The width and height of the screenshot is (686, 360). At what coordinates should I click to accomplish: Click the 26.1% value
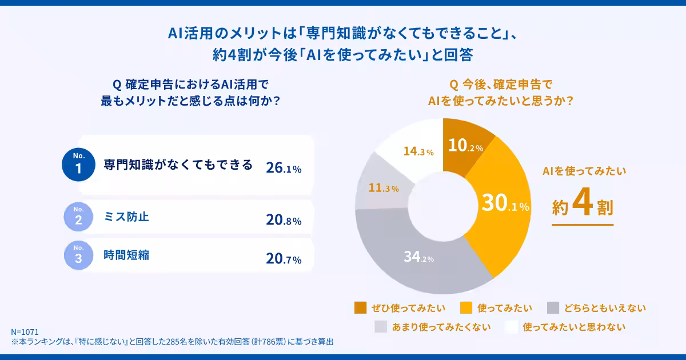point(284,168)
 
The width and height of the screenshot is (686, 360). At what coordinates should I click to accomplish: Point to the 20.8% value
point(284,220)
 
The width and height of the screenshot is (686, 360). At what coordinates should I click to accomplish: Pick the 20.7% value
point(284,259)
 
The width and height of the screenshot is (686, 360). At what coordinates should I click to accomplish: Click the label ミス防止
point(126,217)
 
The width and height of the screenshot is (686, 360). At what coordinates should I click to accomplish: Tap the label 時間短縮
point(126,255)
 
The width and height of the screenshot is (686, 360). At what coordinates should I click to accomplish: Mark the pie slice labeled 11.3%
point(382,188)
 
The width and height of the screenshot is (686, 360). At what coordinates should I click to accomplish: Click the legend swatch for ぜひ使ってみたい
point(361,308)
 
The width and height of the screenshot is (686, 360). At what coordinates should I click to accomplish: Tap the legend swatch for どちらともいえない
point(553,308)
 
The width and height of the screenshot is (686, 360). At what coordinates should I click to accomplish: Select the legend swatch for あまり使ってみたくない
point(381,327)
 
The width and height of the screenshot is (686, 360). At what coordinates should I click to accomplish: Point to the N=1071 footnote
point(24,332)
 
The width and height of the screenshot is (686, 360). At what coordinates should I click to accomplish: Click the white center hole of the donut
point(443,206)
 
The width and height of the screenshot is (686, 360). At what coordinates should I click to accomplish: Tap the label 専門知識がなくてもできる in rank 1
point(178,165)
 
